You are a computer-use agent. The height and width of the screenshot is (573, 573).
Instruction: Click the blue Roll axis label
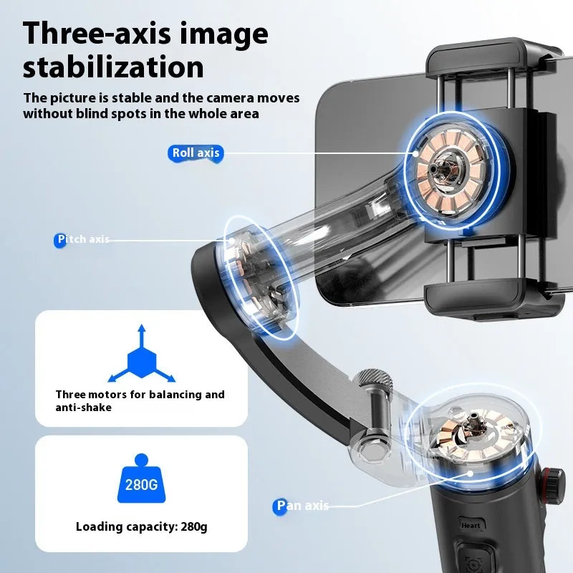(x=196, y=153)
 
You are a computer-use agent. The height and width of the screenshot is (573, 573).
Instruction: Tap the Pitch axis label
(x=82, y=239)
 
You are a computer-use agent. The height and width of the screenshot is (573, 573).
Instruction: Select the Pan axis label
(x=303, y=506)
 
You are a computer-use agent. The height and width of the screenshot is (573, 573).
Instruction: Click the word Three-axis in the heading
(x=97, y=34)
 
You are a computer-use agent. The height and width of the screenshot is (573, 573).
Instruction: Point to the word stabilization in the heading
(x=113, y=67)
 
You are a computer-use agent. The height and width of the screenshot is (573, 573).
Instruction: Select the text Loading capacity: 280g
(x=141, y=527)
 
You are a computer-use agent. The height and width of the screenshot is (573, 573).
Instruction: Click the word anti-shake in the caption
(x=83, y=408)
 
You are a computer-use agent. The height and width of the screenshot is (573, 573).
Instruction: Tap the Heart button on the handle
(x=471, y=525)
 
